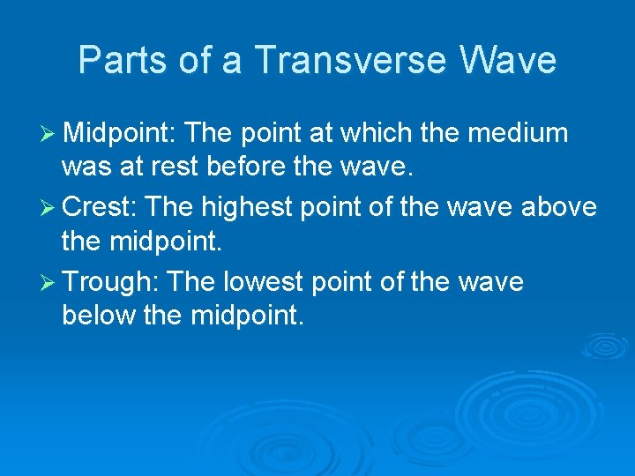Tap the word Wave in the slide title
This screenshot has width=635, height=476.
click(508, 60)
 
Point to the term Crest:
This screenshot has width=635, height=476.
click(100, 207)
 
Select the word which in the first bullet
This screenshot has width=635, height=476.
click(372, 133)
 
